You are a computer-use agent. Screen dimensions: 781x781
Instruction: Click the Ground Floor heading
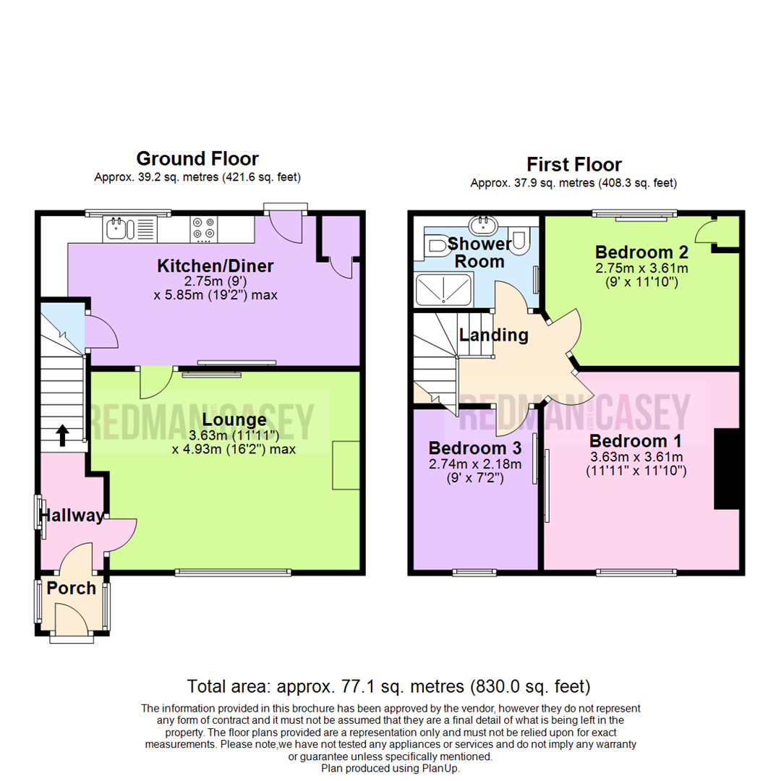click(x=197, y=158)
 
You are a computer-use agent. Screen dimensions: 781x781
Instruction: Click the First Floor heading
click(x=573, y=164)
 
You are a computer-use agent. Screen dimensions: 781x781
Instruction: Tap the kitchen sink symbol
click(x=119, y=229)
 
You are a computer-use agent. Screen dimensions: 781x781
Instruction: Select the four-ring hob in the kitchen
click(x=204, y=229)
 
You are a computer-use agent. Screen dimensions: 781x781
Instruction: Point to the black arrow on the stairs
click(x=62, y=434)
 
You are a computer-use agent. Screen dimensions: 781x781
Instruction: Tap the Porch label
click(x=72, y=588)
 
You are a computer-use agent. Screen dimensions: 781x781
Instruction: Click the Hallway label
click(x=72, y=515)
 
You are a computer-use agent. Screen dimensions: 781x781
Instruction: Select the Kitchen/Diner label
click(x=215, y=265)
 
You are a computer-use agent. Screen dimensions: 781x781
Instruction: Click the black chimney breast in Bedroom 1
click(x=727, y=469)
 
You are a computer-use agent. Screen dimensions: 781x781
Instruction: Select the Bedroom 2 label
click(x=641, y=252)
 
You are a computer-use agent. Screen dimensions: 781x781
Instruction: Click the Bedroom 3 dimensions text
click(x=473, y=470)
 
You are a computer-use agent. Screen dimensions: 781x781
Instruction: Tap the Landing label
click(x=494, y=335)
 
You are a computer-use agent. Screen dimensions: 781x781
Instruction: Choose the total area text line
click(x=389, y=686)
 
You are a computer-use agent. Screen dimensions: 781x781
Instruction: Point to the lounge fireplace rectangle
click(x=346, y=465)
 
